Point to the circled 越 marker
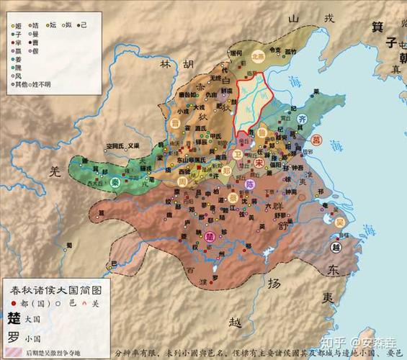(x=336, y=247)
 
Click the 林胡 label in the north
(x=176, y=65)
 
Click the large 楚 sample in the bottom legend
(x=14, y=318)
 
